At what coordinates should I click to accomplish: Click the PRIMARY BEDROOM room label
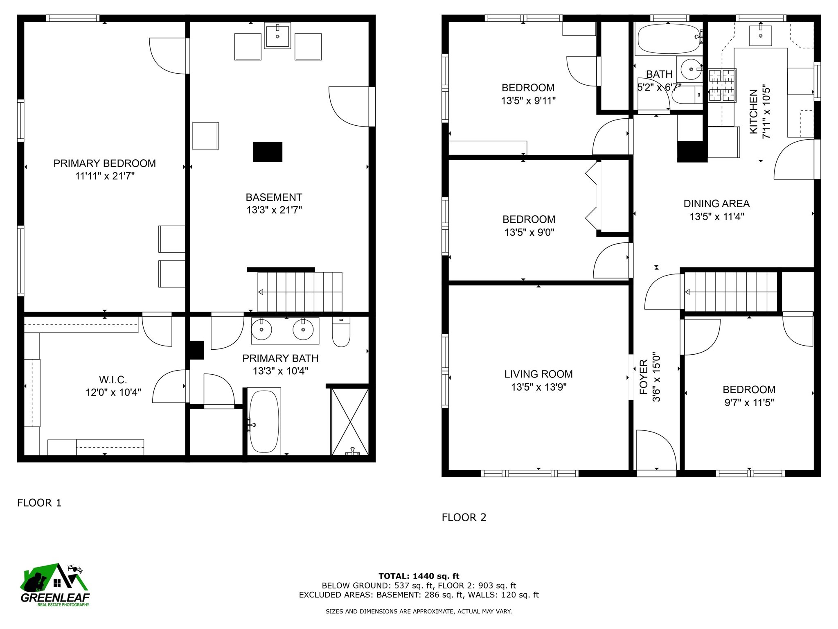coord(104,163)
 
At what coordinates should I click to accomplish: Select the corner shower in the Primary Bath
coord(350,421)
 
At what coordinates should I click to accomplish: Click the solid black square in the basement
coord(268,152)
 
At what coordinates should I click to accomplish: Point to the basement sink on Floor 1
coord(277,36)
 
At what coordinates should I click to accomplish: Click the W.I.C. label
coord(113,379)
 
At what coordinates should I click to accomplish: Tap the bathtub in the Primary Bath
coord(264,421)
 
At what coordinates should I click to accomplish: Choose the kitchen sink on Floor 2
coord(761,35)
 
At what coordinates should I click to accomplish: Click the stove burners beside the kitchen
coord(722,85)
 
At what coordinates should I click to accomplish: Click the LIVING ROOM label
coord(538,374)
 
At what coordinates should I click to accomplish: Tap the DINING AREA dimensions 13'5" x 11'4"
coord(716,217)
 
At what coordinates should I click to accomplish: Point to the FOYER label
coord(644,377)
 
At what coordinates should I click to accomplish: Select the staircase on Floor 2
coord(731,292)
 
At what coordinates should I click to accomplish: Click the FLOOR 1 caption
coord(39,502)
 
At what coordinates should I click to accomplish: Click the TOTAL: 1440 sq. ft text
coord(419,576)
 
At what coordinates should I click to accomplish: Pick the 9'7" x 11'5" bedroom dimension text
coord(749,403)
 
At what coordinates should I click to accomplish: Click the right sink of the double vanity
coord(303,329)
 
